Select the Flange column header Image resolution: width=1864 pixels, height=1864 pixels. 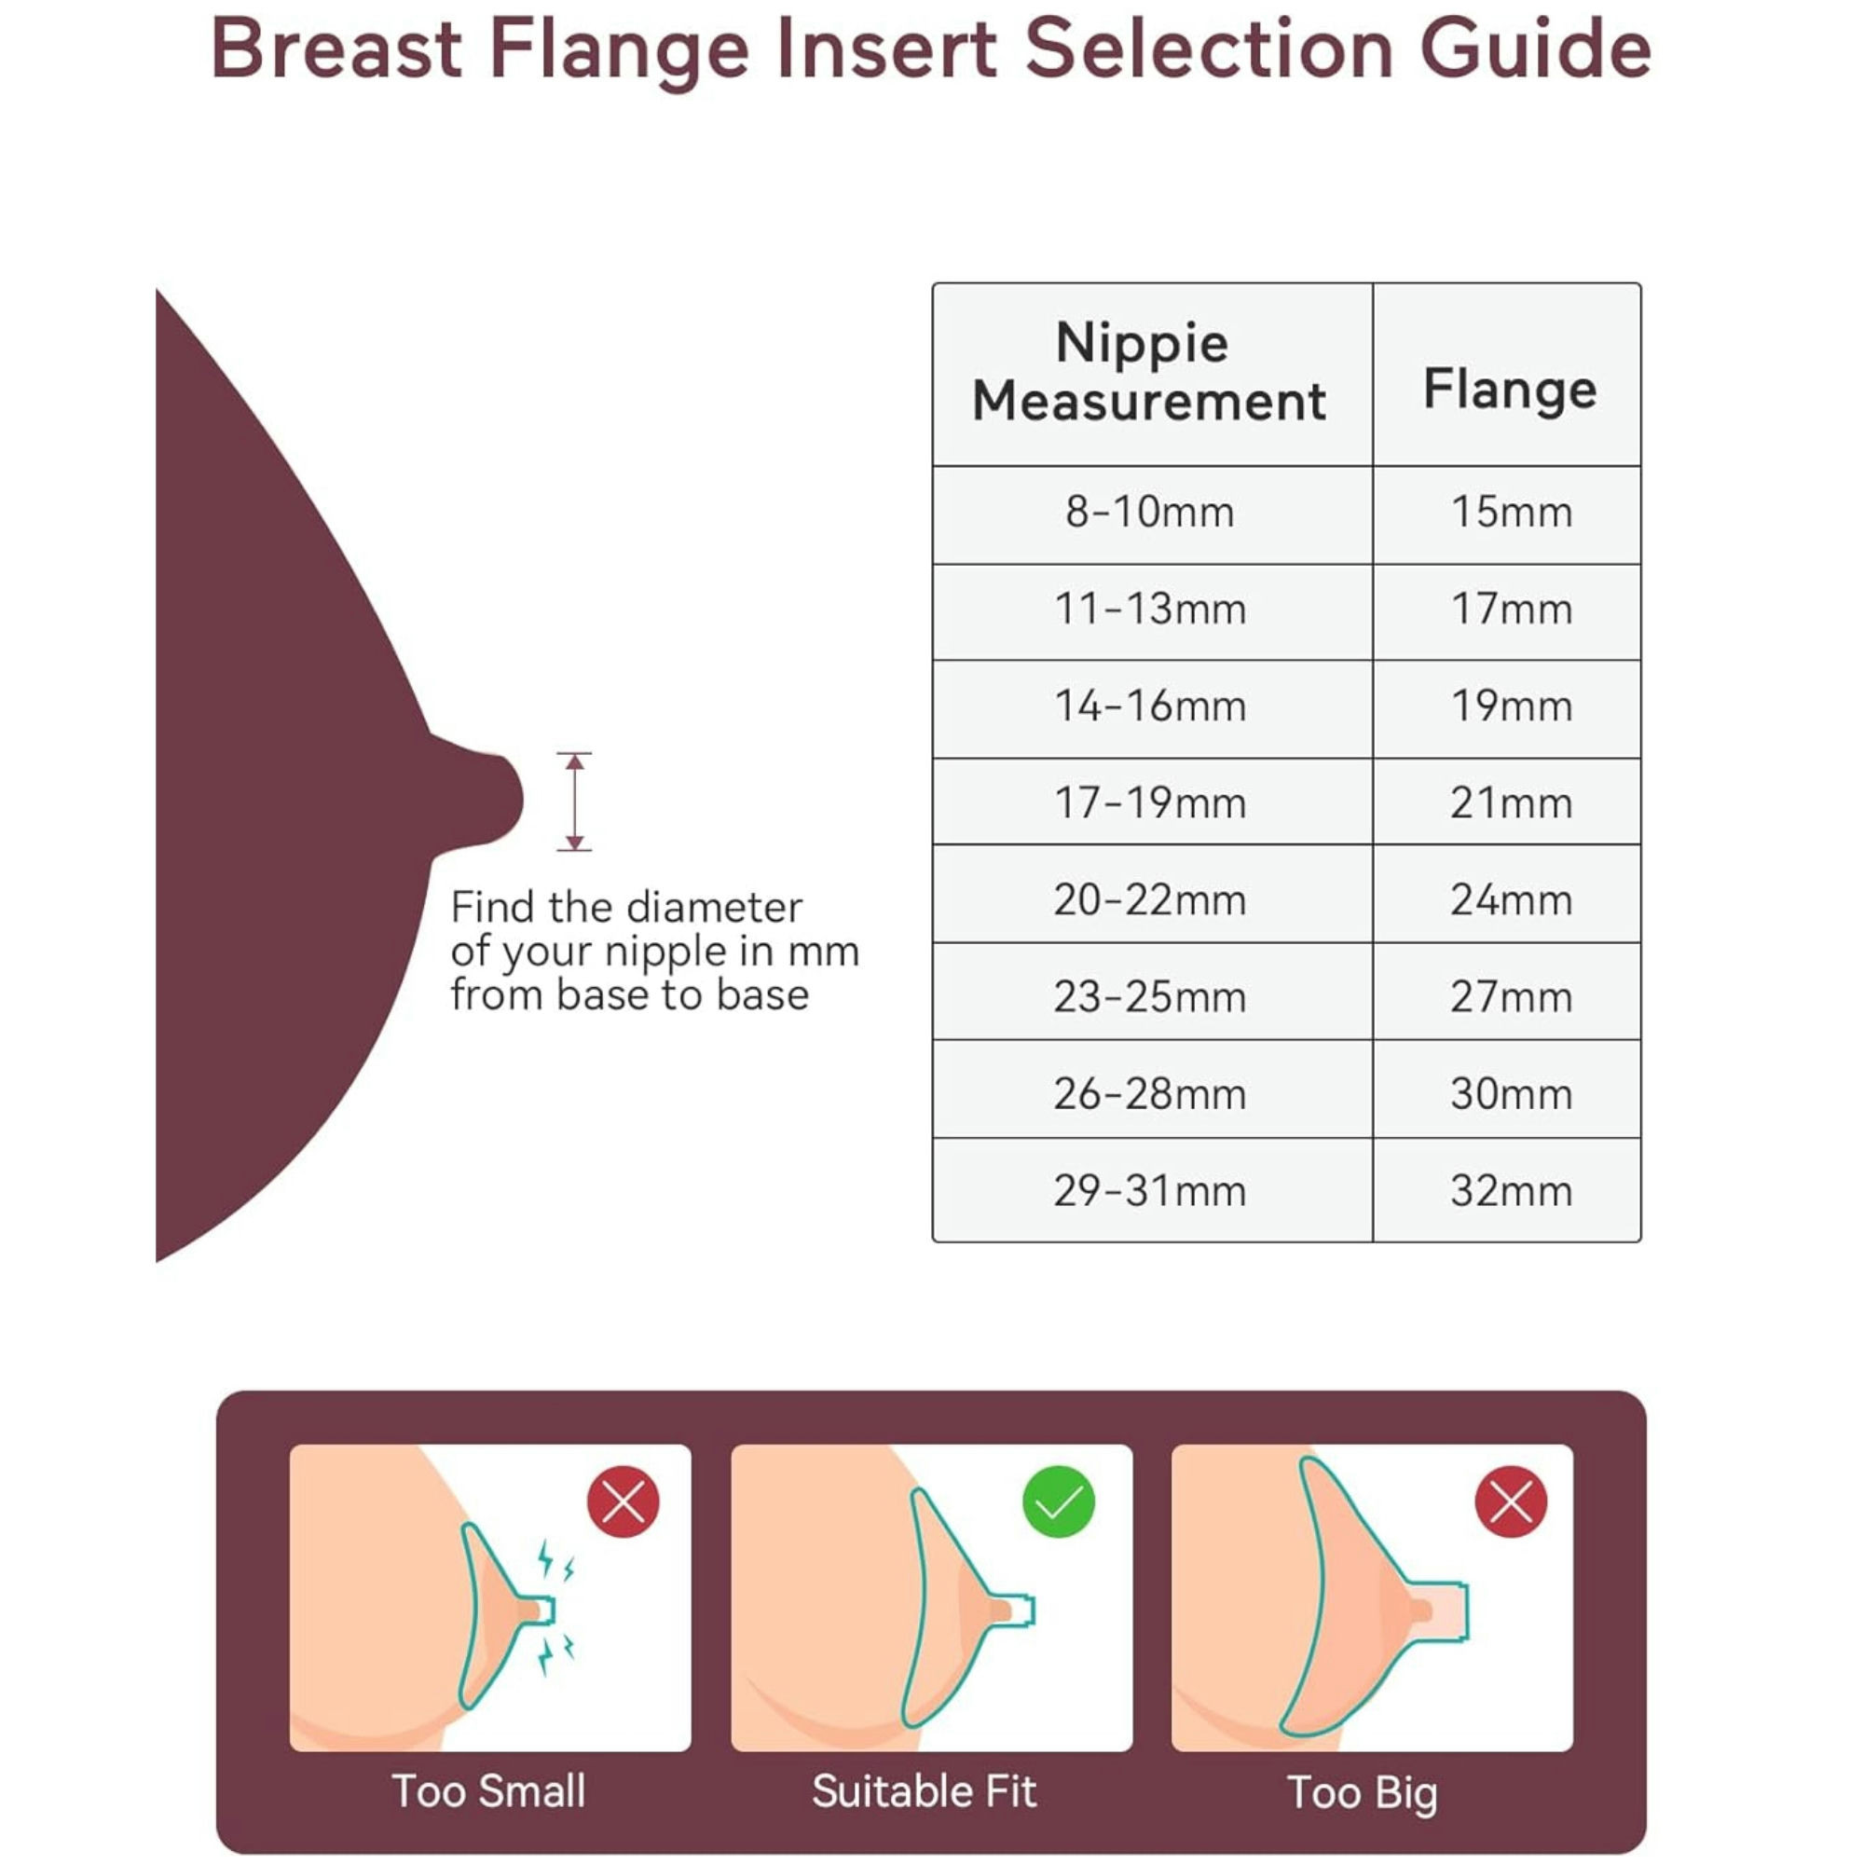1510,389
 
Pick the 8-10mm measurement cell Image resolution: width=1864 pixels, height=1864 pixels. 1149,513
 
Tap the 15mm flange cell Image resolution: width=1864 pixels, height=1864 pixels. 1511,513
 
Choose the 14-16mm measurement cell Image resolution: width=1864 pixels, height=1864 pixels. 1149,706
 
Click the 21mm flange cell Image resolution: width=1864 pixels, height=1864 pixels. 1511,802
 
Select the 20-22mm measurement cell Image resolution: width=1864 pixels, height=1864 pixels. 1149,900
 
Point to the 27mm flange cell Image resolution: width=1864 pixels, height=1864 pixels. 1511,996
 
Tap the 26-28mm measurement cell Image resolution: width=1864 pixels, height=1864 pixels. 1149,1094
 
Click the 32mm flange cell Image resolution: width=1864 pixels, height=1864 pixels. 1511,1190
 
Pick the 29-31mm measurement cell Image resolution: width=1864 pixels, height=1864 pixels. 1149,1190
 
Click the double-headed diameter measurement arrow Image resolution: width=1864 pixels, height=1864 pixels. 574,802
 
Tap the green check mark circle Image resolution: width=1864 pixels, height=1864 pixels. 1058,1501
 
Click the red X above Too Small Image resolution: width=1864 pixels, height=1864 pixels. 624,1501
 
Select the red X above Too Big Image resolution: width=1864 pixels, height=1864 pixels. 1510,1501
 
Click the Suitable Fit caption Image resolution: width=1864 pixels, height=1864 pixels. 924,1791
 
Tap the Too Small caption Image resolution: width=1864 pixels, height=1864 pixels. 488,1791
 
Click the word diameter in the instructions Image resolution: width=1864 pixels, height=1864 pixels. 714,908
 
